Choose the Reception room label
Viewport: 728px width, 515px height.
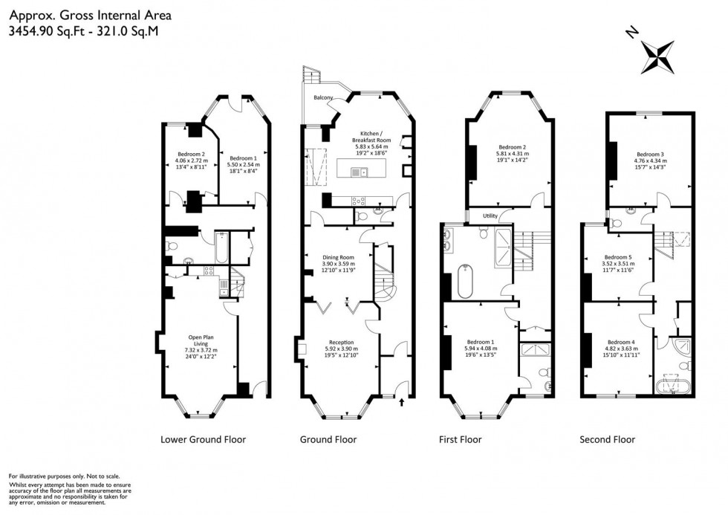point(341,342)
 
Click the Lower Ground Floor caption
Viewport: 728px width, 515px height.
point(203,439)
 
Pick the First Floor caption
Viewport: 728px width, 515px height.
point(461,439)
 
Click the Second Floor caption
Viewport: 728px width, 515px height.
point(607,439)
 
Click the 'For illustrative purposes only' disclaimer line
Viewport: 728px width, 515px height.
point(63,476)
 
